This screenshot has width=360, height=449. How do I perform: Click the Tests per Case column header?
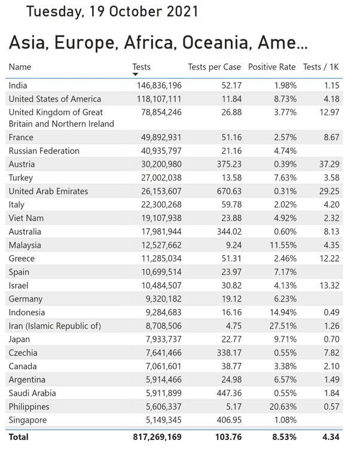tap(215, 67)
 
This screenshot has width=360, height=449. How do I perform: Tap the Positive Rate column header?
tap(271, 67)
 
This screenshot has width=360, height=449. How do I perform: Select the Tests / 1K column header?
tap(321, 67)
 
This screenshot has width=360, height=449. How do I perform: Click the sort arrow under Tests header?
tap(136, 74)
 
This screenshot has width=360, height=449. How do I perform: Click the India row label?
tap(18, 86)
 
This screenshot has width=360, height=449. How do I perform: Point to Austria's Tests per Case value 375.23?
tap(229, 164)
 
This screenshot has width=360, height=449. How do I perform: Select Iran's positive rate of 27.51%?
tap(283, 326)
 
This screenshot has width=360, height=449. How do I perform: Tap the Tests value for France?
tap(161, 137)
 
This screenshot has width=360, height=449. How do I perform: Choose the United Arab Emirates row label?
tap(48, 191)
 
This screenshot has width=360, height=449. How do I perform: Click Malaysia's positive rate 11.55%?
tap(283, 245)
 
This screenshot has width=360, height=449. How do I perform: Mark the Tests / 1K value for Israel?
tap(330, 286)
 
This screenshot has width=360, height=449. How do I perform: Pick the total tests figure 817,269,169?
tap(157, 437)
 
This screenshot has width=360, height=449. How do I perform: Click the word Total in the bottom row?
tap(19, 437)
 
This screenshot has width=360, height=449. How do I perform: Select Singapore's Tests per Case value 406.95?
tap(229, 420)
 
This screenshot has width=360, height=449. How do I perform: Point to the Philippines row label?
tap(29, 406)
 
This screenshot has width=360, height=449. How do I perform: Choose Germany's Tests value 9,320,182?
tap(164, 299)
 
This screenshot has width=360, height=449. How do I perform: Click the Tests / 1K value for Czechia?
tap(332, 353)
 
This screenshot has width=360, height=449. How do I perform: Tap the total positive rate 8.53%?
tap(284, 437)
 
